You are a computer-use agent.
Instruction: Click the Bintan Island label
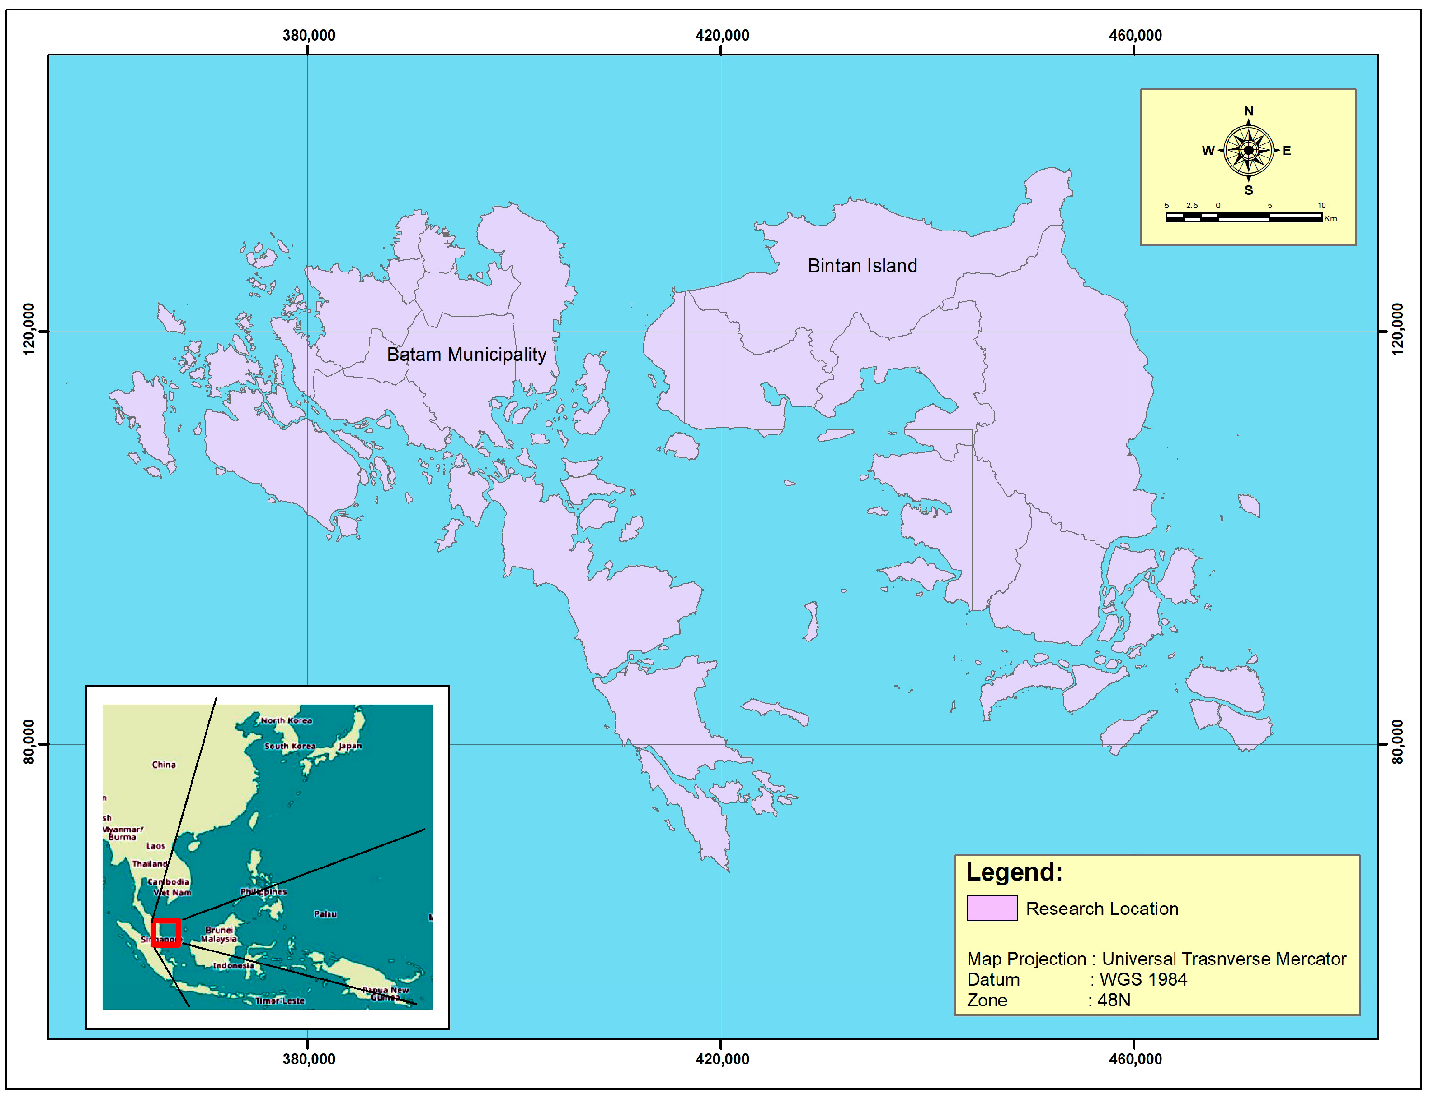862,266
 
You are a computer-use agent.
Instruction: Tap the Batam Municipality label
466,354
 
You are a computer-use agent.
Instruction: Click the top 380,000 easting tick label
308,35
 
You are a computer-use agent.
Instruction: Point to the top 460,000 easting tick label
1135,35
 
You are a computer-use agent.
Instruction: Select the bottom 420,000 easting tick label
722,1059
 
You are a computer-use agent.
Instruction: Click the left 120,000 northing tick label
29,329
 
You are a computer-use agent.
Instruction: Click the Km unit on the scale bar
1331,218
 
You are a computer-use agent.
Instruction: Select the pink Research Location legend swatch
991,908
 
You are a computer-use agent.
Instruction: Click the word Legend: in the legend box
1014,872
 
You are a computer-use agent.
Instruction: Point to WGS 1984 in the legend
1143,979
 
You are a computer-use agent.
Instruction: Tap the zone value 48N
1113,1001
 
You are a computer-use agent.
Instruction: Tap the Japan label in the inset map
350,746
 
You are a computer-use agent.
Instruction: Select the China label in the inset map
164,765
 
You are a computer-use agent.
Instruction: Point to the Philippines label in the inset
263,892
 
